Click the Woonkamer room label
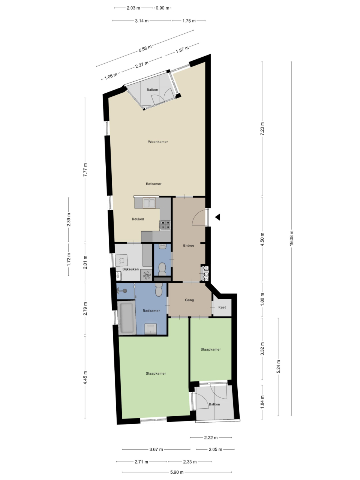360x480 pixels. coord(158,142)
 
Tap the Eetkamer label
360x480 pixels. coord(154,184)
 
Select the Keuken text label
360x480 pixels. coord(138,219)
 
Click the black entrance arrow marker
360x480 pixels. coord(217,217)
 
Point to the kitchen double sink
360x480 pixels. coord(149,203)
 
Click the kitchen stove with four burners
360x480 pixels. coord(165,225)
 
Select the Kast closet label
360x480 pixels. coord(222,307)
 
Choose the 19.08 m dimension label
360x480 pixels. coord(291,238)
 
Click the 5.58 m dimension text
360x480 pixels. coord(145,48)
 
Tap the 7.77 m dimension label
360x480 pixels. coord(85,170)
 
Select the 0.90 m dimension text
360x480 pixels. coord(162,8)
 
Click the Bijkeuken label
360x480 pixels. coord(130,269)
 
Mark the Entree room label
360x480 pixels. coord(189,246)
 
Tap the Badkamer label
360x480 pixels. coord(151,310)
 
